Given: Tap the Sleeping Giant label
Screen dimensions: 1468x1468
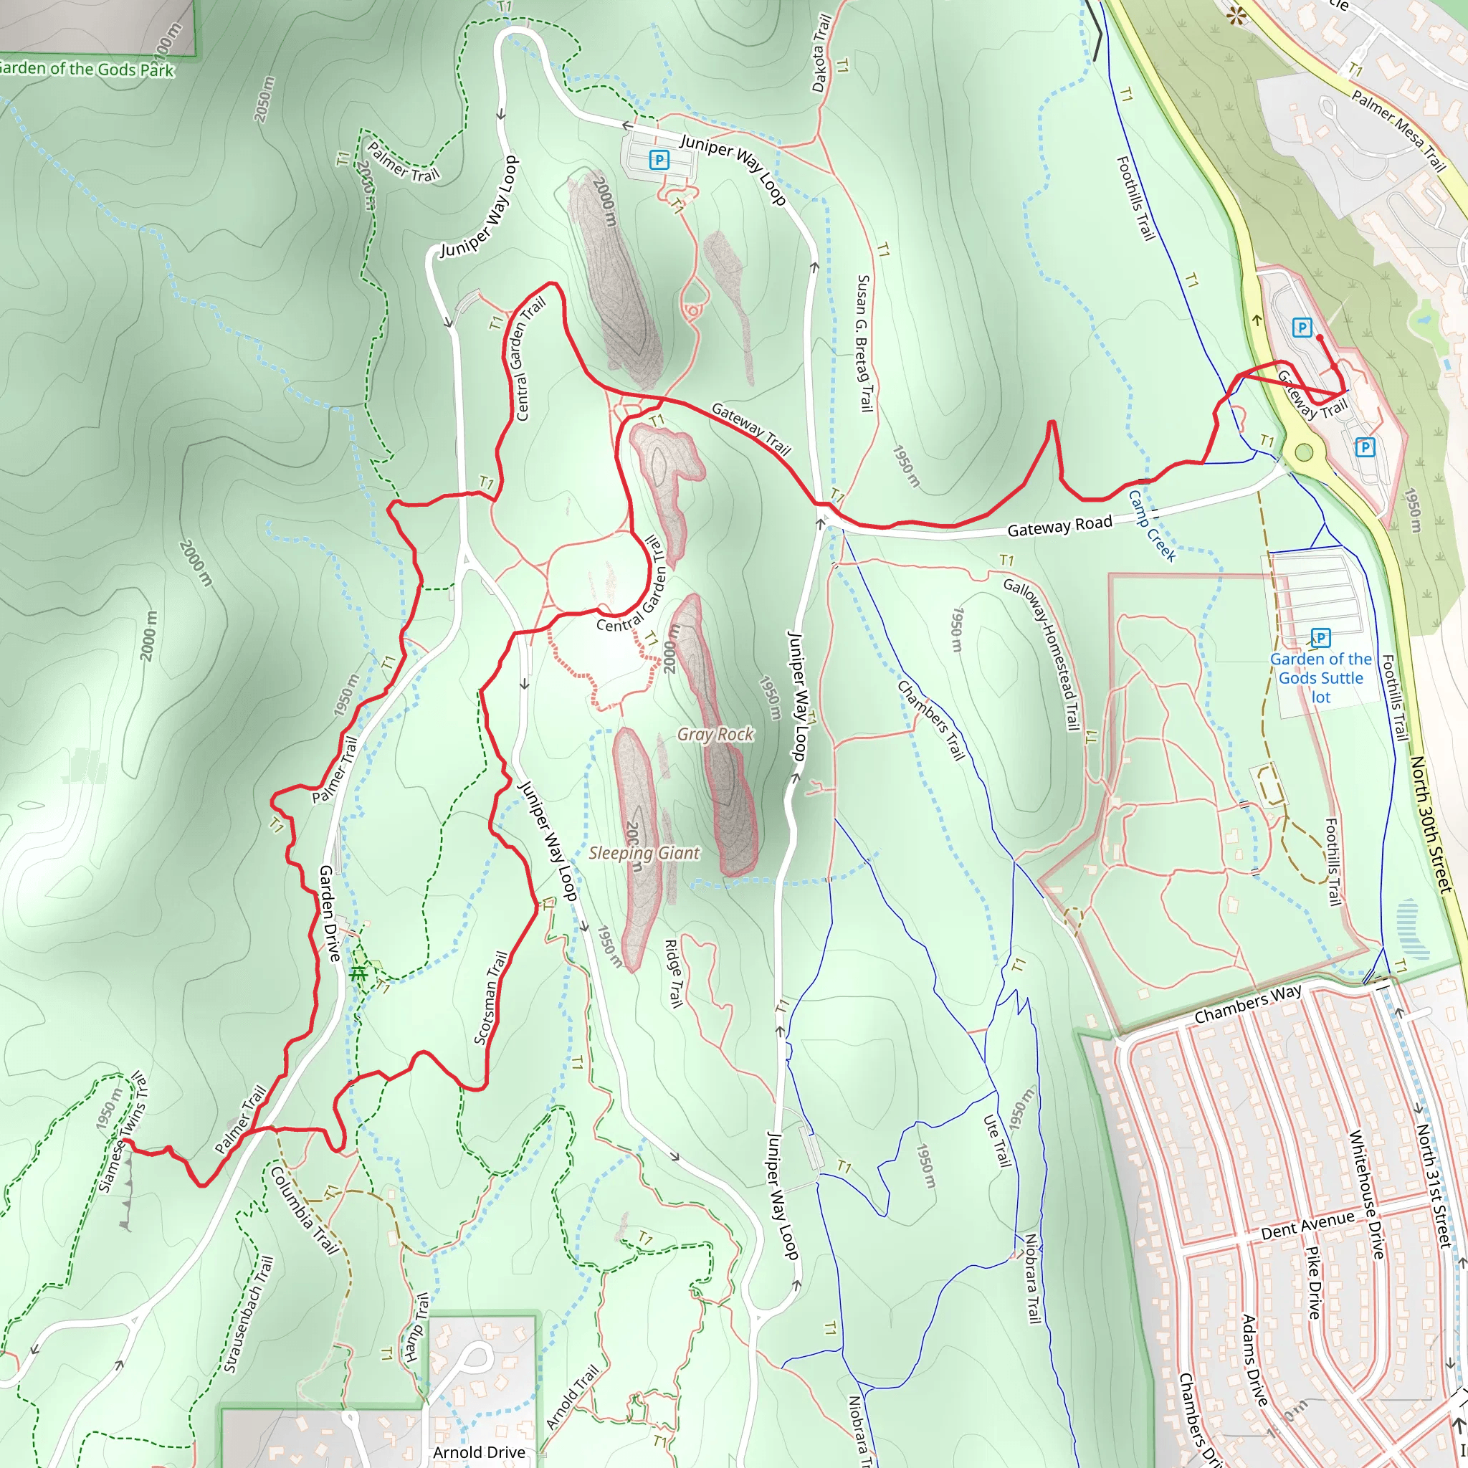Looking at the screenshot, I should (644, 852).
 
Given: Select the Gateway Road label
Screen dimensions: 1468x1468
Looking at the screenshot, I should (1059, 526).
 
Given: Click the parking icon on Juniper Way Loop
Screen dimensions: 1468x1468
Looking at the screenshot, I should (659, 161).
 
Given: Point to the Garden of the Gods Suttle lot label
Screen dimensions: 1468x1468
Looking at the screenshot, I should (1320, 678).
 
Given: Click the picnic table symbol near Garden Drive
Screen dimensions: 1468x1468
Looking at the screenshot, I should (358, 973).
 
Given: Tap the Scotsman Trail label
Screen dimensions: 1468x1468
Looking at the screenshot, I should (491, 998).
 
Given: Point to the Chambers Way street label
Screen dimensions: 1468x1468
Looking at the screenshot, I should (1248, 1004).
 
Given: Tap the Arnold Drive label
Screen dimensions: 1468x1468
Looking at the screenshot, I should (479, 1452).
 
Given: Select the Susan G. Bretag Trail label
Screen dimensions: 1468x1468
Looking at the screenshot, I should (864, 343).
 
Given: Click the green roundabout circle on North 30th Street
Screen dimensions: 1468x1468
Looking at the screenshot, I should (1304, 454).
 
